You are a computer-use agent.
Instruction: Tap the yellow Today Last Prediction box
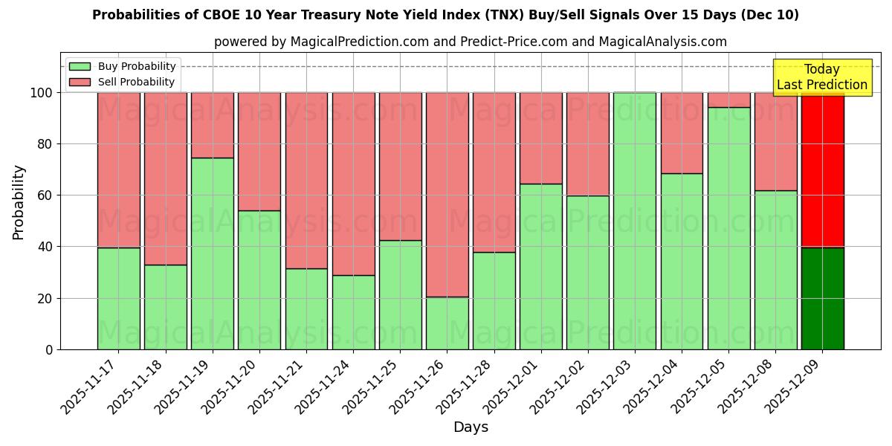(822, 77)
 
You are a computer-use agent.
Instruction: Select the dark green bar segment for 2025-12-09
(822, 298)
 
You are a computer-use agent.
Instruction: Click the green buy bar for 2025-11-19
(213, 253)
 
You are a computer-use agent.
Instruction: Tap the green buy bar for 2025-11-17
(118, 298)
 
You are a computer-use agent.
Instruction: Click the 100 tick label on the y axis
(42, 93)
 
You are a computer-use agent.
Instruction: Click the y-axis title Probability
(19, 201)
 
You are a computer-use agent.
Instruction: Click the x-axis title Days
(471, 427)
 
